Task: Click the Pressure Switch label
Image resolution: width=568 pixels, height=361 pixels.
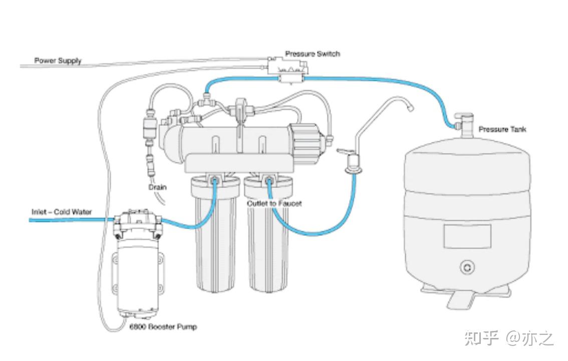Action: [312, 54]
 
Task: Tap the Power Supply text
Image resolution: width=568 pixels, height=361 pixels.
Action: [58, 61]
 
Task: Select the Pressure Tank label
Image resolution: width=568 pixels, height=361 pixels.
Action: [502, 129]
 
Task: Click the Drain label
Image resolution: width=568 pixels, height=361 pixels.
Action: [158, 187]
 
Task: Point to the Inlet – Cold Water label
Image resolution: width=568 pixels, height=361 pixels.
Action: [62, 212]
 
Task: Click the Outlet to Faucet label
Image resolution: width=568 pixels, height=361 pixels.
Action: [274, 204]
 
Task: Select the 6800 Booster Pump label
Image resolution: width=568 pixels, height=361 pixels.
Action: [163, 326]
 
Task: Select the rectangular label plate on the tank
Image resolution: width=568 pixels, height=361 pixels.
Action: [467, 236]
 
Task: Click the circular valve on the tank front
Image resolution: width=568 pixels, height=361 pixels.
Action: [467, 267]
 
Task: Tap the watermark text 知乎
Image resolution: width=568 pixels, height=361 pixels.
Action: [481, 338]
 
